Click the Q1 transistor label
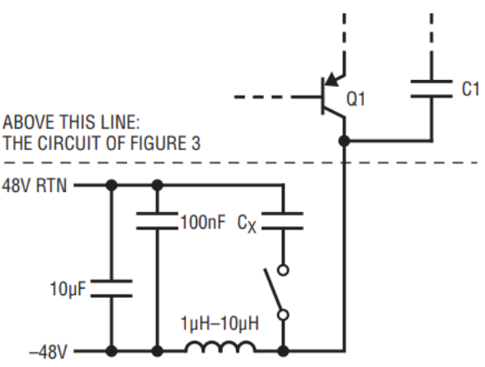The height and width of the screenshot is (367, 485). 356,99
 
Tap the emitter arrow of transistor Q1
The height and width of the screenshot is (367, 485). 332,79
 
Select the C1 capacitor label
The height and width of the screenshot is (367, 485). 470,89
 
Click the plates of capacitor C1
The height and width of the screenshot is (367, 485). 432,89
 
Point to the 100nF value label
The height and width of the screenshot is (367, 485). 203,222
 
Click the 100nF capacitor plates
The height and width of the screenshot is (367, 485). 157,221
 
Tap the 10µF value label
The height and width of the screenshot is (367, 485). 68,289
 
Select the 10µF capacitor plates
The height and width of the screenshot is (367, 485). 111,289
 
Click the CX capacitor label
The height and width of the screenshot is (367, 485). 247,224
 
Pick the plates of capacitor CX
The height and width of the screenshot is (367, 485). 282,221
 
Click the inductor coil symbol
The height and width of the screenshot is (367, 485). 220,347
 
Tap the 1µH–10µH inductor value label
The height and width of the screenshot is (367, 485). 220,324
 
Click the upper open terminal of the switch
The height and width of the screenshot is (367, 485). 283,270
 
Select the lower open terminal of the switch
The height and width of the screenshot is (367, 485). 283,315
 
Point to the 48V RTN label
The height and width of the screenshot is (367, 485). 34,185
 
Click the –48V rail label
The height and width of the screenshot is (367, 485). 48,352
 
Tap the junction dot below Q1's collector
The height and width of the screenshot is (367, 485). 344,141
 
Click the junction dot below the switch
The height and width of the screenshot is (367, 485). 283,351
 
